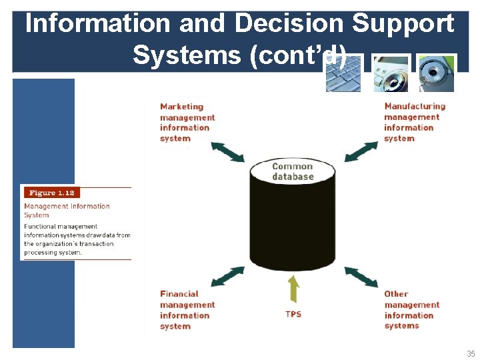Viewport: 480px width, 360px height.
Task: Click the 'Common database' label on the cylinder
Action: tap(293, 171)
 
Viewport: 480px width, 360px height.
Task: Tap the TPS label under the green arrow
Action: tap(293, 313)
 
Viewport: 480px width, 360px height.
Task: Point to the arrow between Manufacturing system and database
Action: tap(361, 151)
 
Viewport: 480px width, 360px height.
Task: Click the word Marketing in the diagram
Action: tap(181, 107)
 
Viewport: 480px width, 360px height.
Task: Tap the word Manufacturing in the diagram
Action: tap(415, 107)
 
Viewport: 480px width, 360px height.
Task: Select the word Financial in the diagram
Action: tap(179, 294)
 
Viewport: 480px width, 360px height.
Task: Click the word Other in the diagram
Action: tap(396, 294)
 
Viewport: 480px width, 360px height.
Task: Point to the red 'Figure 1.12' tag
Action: tap(51, 193)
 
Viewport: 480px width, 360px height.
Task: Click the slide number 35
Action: tap(471, 354)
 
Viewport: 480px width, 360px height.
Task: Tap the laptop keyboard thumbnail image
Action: tap(343, 74)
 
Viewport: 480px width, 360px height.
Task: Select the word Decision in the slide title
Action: tap(288, 23)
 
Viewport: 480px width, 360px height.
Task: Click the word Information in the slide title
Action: tap(97, 23)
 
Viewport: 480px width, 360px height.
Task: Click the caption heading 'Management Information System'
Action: tap(66, 211)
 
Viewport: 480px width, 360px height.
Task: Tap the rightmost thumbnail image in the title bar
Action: tap(436, 74)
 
